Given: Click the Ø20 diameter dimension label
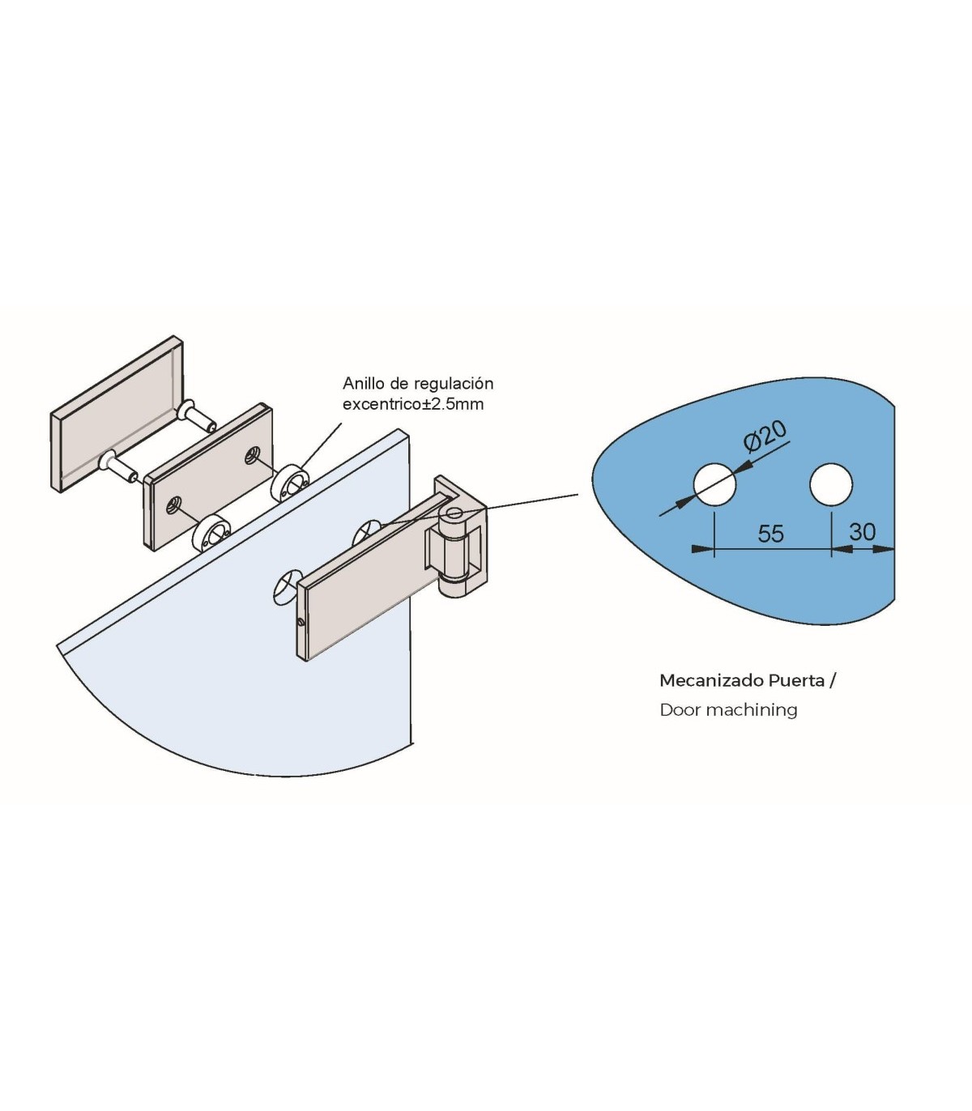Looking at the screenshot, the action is [x=765, y=436].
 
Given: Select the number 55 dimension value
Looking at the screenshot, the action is [x=770, y=534].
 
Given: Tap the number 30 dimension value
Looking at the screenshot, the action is [x=863, y=532].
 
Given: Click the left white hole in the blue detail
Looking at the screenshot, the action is [x=714, y=483].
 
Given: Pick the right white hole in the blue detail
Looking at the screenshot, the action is [x=831, y=483].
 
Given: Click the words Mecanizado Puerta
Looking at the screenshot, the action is [x=742, y=680].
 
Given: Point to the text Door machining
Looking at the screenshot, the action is [x=728, y=709].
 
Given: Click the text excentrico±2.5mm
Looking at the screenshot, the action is [x=412, y=405].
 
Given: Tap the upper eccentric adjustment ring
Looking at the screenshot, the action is [x=290, y=483].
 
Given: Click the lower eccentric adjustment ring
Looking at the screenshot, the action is [x=212, y=534].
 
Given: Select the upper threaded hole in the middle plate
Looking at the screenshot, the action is [x=252, y=454].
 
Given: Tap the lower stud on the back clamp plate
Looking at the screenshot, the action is [x=119, y=466].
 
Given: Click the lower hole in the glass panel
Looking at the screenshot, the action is [x=285, y=588].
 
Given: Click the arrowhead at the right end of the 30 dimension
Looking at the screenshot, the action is [x=883, y=550].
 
